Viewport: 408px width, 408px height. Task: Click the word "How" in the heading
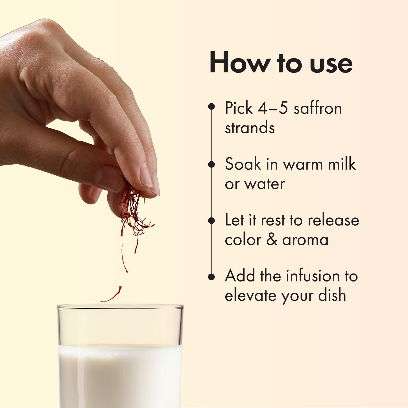click(239, 63)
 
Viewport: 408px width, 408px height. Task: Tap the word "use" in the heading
click(331, 66)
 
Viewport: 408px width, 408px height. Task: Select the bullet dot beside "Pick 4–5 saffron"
click(211, 106)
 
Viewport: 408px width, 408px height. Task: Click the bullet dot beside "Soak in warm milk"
click(211, 164)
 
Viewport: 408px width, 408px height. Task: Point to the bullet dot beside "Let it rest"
click(211, 221)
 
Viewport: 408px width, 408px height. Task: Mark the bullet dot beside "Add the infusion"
click(211, 277)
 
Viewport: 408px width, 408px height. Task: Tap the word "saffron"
click(318, 108)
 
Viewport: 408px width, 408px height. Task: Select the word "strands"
click(250, 128)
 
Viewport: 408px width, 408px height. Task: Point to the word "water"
click(265, 184)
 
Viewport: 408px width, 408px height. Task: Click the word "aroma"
click(305, 240)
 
